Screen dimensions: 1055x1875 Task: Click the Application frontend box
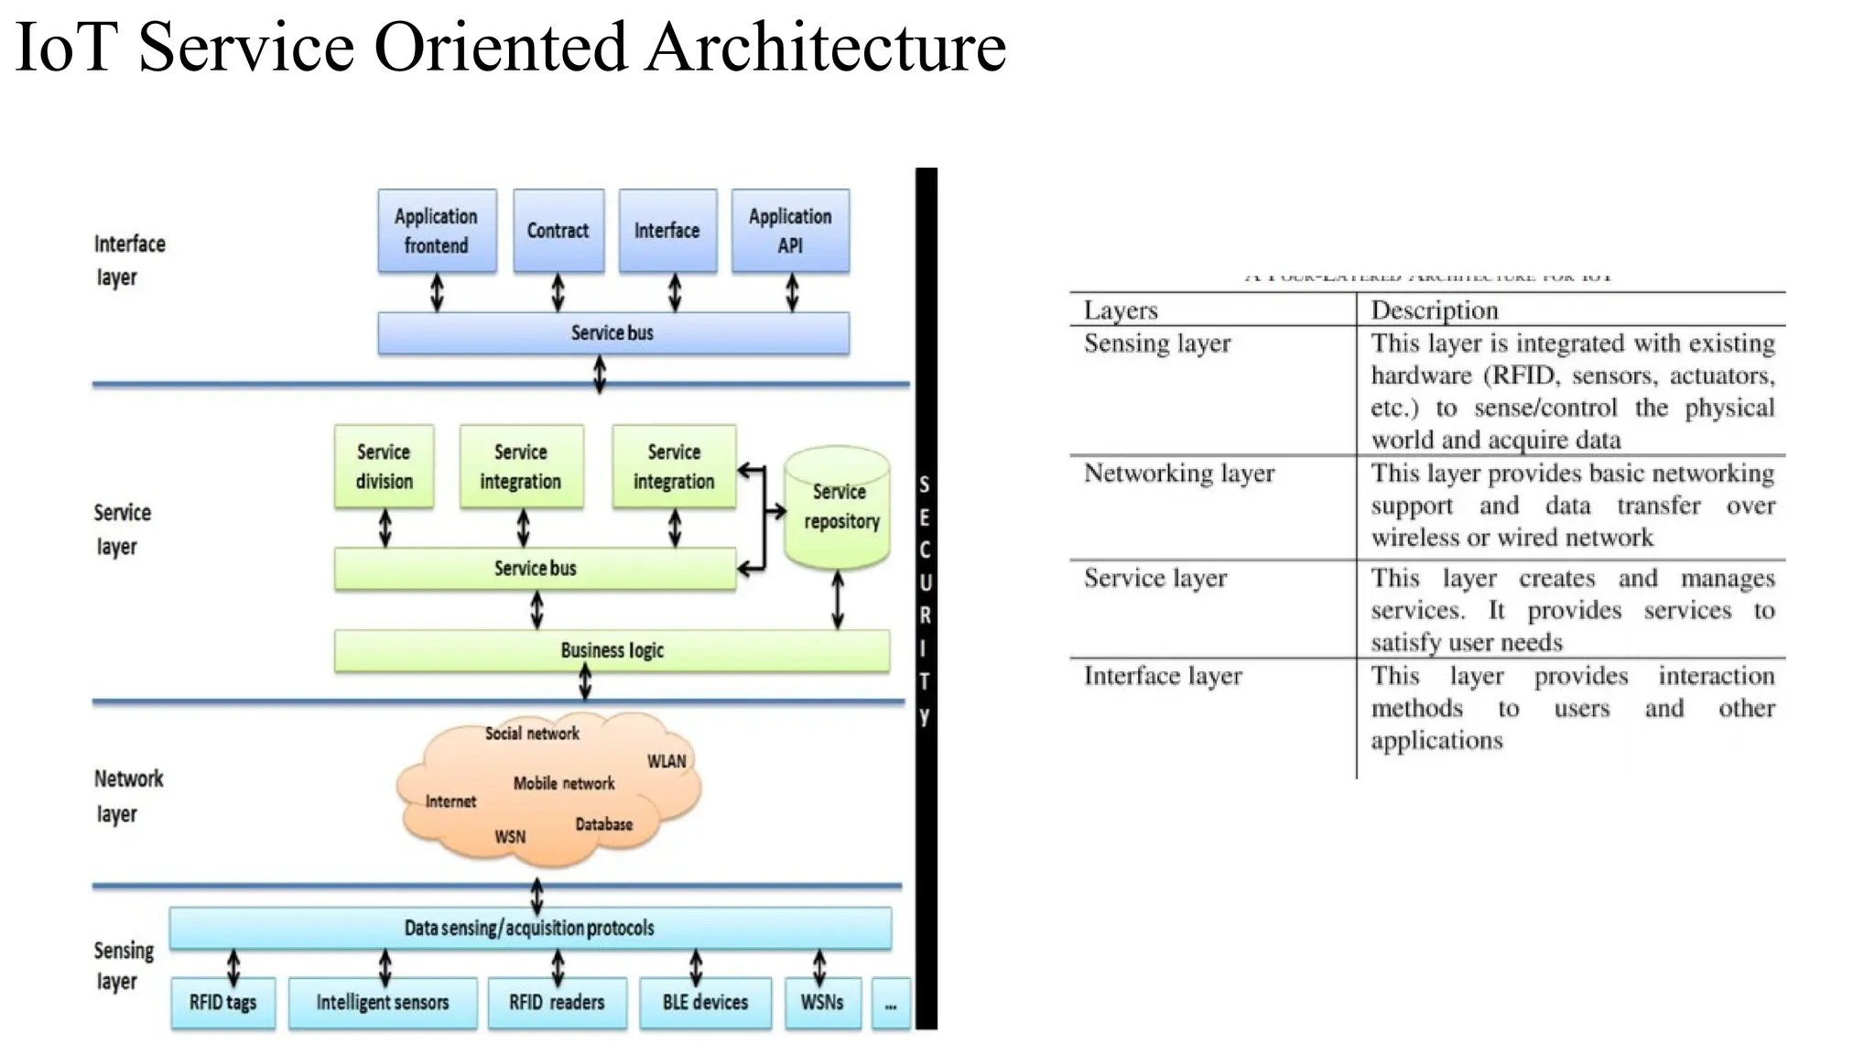tap(437, 231)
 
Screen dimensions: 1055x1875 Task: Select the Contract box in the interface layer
tap(558, 231)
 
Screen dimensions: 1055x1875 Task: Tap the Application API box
tap(790, 231)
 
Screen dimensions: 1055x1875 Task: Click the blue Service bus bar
tap(612, 333)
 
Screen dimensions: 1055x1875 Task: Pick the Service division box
tap(384, 466)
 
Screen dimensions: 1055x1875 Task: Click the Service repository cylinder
tap(838, 508)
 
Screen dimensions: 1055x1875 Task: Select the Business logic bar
tap(612, 651)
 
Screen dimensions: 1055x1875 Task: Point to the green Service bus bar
tap(535, 569)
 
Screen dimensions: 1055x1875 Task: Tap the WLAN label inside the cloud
tap(667, 761)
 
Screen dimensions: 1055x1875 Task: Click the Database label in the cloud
tap(603, 824)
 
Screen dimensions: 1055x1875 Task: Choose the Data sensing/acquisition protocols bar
tap(529, 929)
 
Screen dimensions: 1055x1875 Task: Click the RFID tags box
tap(222, 1003)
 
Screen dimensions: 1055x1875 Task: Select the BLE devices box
tap(705, 1003)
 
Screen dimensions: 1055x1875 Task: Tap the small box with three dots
tap(891, 1005)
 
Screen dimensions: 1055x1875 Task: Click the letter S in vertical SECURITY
tap(925, 484)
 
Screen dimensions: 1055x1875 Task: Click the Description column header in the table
tap(1434, 310)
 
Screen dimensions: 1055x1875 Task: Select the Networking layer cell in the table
tap(1178, 473)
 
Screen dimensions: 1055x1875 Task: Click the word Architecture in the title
tap(825, 48)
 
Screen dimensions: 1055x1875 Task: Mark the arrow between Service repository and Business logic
tap(838, 600)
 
